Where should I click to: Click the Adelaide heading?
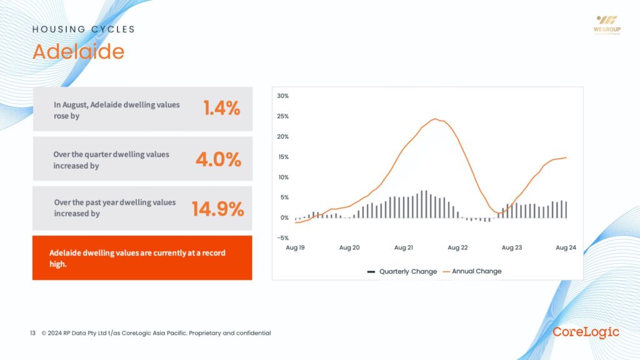tap(78, 51)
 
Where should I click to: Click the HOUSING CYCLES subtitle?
tap(83, 29)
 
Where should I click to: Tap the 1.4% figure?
tap(221, 108)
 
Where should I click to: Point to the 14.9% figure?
tap(217, 209)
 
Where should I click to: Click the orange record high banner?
tap(142, 257)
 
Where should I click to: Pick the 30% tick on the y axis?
tap(282, 96)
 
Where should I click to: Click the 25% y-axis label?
tap(282, 116)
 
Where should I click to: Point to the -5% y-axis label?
tap(282, 238)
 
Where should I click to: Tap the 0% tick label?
tap(284, 217)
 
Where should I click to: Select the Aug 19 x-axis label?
tap(295, 248)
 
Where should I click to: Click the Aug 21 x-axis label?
tap(403, 248)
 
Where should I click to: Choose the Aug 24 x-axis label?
tap(566, 248)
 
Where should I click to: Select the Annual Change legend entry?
tap(472, 272)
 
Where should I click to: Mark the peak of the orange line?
tap(436, 119)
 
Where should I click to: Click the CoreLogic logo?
tap(586, 332)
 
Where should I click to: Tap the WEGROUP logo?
tap(606, 24)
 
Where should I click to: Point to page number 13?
tap(32, 333)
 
